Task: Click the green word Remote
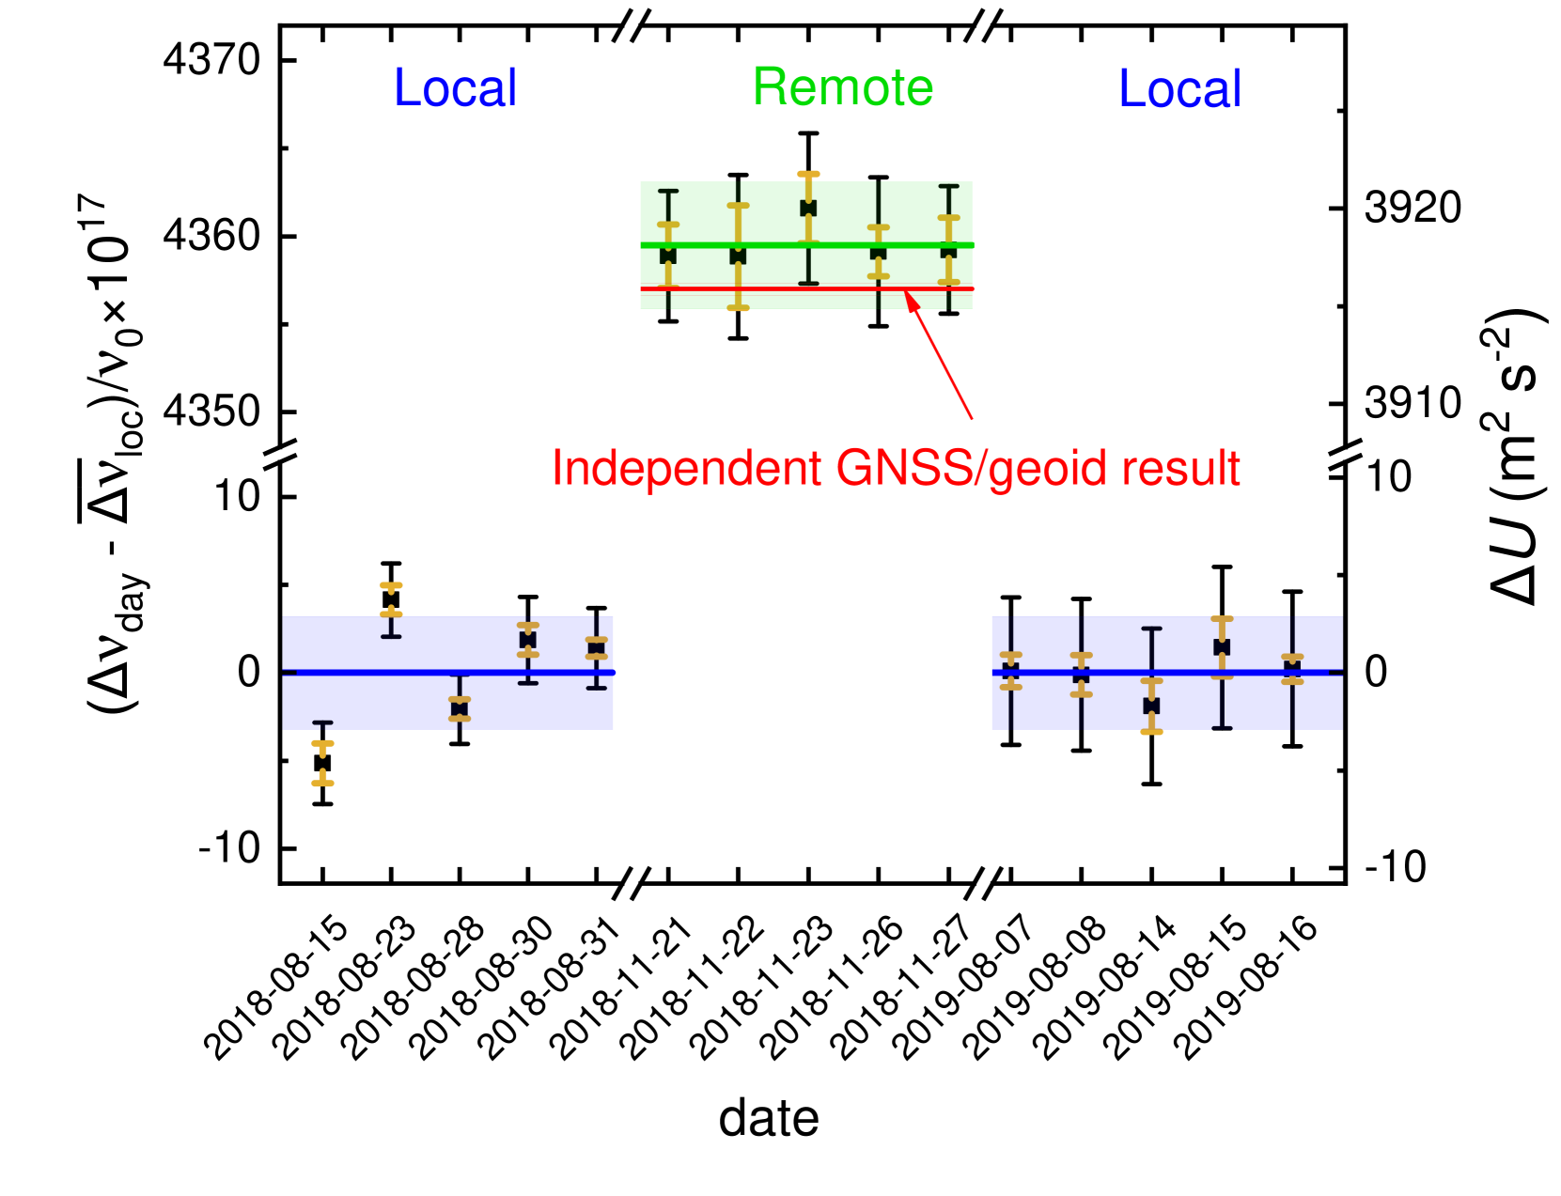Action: (x=843, y=87)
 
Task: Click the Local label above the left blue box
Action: (x=455, y=88)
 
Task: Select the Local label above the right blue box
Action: (x=1180, y=89)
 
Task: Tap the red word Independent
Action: (x=687, y=468)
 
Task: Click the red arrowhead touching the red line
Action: (x=910, y=300)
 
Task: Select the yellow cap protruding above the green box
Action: (x=808, y=174)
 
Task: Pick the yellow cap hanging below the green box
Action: (x=738, y=307)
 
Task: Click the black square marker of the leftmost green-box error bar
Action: (x=668, y=256)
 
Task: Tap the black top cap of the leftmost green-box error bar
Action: (x=668, y=192)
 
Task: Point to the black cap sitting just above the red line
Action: (x=808, y=283)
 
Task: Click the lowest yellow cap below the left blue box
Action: (x=322, y=783)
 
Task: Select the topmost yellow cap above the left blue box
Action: (x=391, y=585)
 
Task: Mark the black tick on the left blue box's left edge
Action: (x=289, y=673)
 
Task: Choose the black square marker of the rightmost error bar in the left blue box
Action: (x=597, y=648)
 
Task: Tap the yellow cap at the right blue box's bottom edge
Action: (x=1151, y=731)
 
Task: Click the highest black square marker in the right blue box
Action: (x=1222, y=647)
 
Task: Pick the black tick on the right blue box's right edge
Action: (x=1335, y=673)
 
